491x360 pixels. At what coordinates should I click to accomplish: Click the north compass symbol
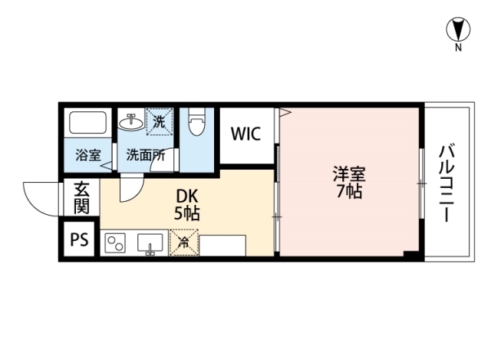coord(458,30)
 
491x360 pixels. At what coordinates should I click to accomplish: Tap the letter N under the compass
coord(458,48)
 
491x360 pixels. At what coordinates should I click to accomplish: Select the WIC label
coord(246,134)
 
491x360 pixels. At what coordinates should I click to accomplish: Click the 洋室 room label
coord(349,174)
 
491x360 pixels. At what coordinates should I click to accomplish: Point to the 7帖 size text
coord(349,192)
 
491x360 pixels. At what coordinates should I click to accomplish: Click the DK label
coord(186,197)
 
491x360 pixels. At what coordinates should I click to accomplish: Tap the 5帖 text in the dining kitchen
coord(186,214)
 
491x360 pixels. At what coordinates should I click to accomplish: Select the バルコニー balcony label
coord(447,183)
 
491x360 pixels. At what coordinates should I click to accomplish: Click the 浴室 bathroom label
coord(87,154)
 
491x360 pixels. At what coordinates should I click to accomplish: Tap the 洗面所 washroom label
coord(146,154)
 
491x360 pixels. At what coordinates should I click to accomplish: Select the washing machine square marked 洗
coord(159,121)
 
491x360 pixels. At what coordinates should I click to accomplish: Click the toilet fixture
coord(196,123)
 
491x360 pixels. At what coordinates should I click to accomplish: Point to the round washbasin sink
coord(130,121)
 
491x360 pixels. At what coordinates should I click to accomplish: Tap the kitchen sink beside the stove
coord(150,244)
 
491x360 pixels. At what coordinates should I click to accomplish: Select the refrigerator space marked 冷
coord(183,244)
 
